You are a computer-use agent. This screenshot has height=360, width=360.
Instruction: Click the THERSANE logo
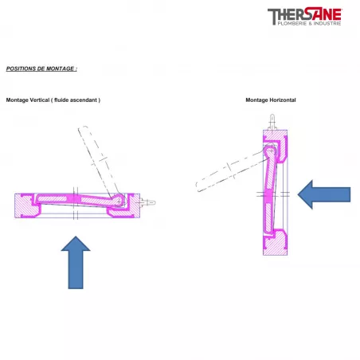click(x=305, y=17)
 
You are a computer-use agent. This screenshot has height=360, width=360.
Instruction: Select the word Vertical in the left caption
click(x=40, y=100)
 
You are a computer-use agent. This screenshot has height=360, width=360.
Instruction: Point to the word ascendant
click(x=83, y=100)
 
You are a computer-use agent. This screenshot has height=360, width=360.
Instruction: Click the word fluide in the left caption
click(x=61, y=100)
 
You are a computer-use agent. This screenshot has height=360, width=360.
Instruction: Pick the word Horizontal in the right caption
click(x=282, y=100)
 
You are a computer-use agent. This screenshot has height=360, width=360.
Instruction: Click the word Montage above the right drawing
click(x=256, y=100)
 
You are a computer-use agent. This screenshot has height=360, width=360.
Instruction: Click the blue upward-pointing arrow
click(x=76, y=262)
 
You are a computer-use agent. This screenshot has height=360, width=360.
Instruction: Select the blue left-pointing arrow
click(x=324, y=194)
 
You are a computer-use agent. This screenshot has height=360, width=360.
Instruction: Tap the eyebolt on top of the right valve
click(x=272, y=122)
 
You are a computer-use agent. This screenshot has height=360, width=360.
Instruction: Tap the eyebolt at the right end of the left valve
click(x=147, y=203)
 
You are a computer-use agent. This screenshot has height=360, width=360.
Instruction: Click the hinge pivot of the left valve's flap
click(x=119, y=201)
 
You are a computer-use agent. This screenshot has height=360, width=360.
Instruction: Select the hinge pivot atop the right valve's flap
click(x=270, y=151)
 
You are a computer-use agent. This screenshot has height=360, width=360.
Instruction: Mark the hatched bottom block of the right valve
click(x=275, y=243)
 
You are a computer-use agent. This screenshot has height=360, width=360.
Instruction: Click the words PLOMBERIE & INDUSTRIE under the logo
click(x=309, y=24)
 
